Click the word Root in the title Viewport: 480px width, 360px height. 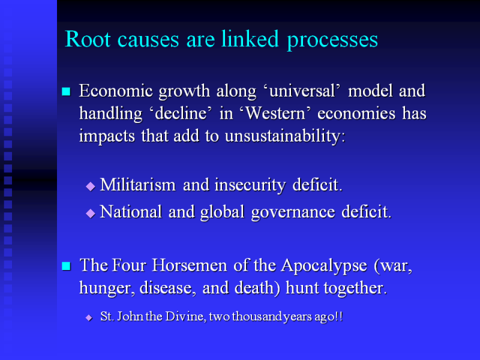point(88,39)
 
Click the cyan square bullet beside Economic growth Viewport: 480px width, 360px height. point(66,92)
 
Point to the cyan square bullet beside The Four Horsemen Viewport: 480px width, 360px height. point(66,266)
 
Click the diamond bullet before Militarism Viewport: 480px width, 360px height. point(91,186)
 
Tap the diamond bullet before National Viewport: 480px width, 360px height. point(91,213)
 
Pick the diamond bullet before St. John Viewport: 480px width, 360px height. point(89,317)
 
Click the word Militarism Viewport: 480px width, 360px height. point(138,185)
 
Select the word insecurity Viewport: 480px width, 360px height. point(250,185)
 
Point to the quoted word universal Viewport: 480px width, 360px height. point(302,91)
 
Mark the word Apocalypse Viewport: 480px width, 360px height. point(324,266)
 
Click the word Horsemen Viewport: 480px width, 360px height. point(190,265)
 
